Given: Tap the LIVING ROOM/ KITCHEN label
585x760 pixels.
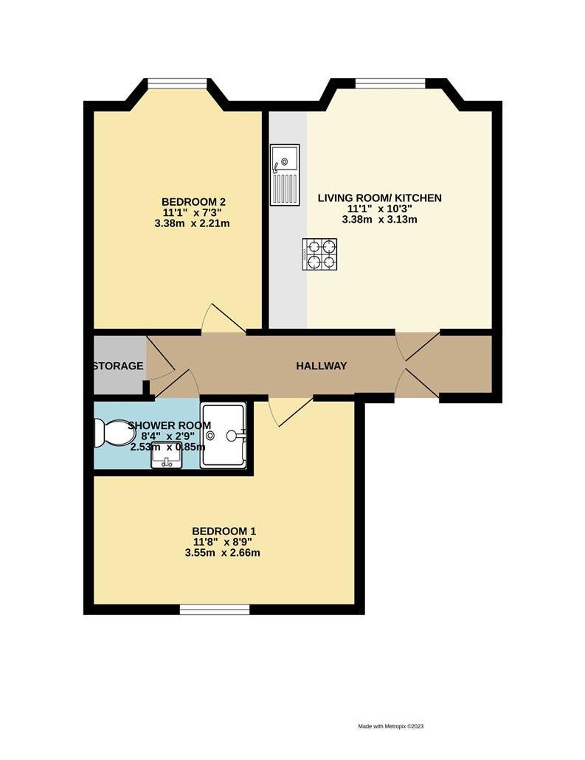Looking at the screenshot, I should click(379, 198).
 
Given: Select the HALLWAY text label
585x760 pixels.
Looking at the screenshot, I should click(321, 366).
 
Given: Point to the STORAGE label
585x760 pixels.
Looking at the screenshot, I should click(118, 366).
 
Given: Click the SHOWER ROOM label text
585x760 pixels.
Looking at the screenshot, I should click(170, 425).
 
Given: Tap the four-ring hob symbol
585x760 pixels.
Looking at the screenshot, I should click(319, 254).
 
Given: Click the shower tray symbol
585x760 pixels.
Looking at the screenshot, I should click(224, 435).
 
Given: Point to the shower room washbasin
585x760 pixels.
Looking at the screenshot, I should click(167, 458).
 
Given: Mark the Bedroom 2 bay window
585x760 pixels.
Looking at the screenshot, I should click(175, 83).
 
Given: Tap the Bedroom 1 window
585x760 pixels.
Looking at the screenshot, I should click(215, 609).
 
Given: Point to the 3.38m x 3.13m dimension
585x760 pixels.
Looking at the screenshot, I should click(379, 220).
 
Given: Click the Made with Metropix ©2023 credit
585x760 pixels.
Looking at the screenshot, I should click(391, 725).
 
